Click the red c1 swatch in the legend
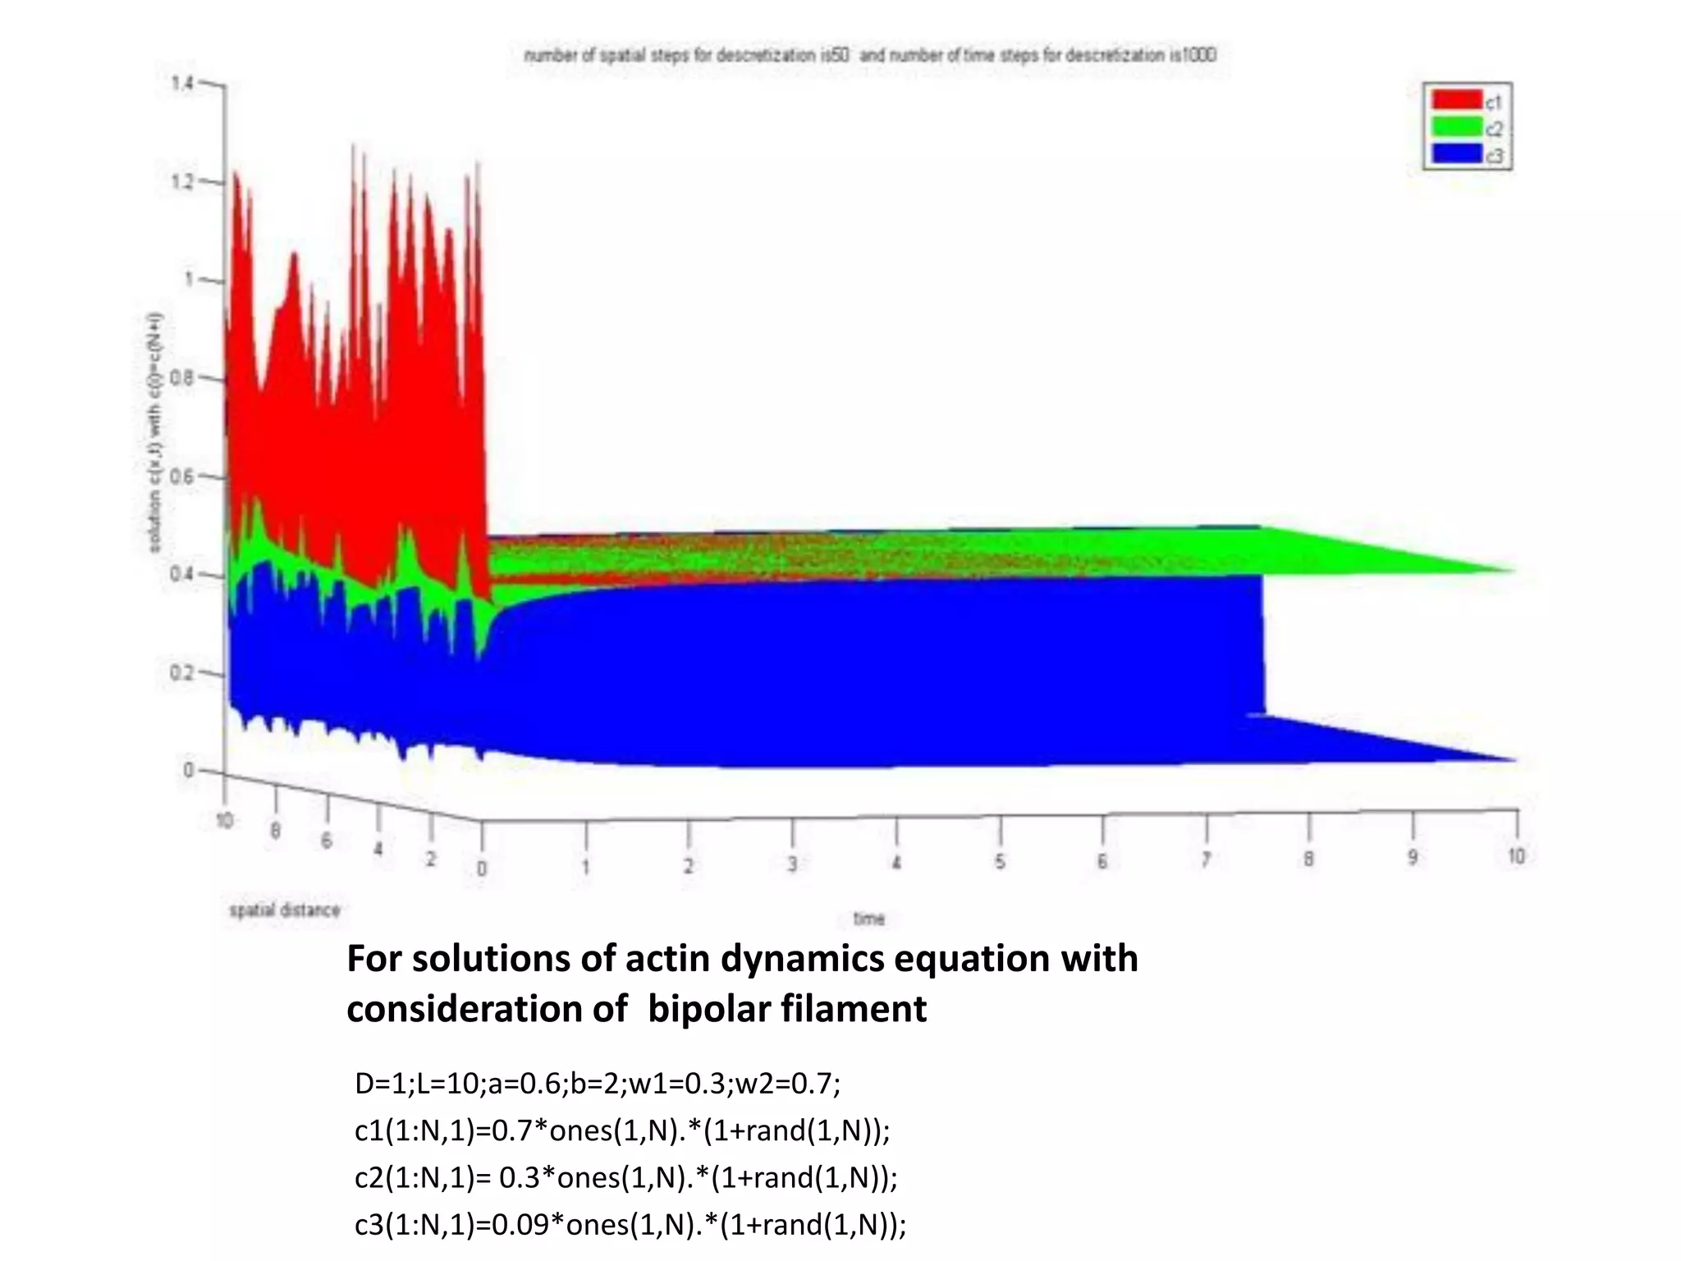1457,100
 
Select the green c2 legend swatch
1457,127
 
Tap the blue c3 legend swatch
1457,154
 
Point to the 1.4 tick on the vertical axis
182,83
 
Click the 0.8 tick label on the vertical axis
182,378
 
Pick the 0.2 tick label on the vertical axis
181,673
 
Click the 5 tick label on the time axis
1000,862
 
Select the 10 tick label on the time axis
1516,856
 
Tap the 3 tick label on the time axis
792,864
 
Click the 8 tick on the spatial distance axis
276,831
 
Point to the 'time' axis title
869,919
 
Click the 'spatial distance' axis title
284,910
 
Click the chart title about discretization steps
870,56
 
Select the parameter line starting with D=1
597,1084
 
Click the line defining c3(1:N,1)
630,1224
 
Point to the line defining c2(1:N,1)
625,1177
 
